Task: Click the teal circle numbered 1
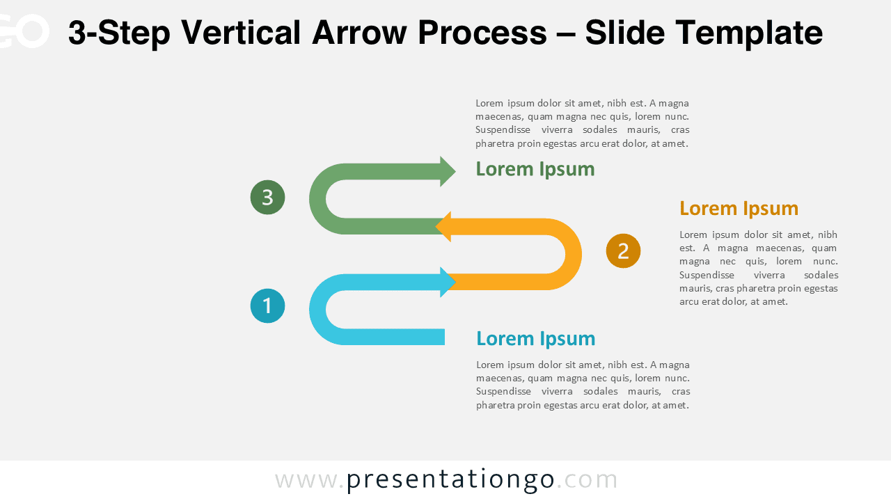pos(267,306)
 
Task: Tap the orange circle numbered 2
pos(623,250)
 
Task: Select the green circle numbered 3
pos(267,198)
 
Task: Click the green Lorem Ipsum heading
pos(535,169)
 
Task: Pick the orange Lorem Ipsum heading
pos(739,208)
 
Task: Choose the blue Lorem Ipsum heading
pos(535,339)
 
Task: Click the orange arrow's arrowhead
pos(443,227)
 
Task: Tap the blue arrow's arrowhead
pos(448,282)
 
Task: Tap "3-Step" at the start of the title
pos(119,33)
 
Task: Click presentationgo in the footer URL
pos(450,479)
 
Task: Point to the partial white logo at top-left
pos(24,31)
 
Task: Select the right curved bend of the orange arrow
pos(572,254)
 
